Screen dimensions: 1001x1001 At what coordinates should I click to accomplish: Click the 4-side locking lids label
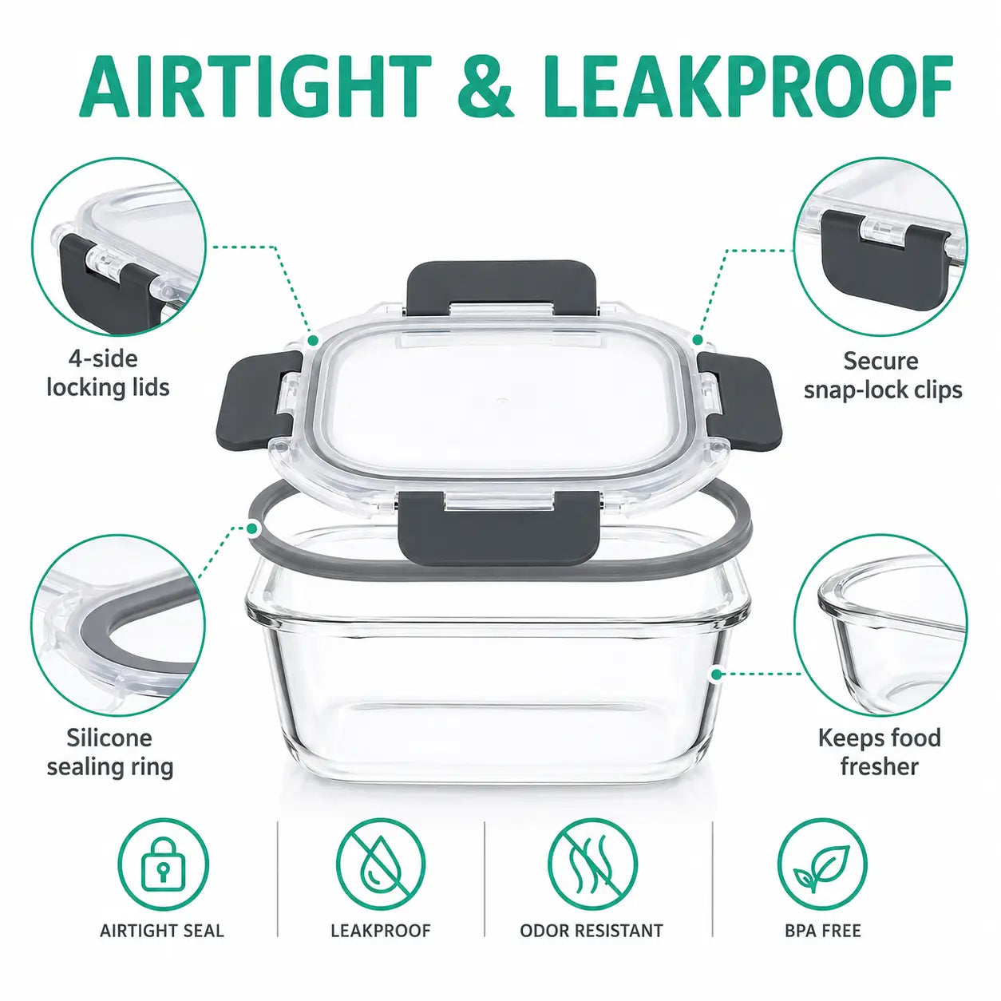[108, 374]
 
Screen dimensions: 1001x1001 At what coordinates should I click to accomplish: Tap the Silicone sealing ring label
[109, 752]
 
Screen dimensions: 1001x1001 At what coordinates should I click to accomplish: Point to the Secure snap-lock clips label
[883, 375]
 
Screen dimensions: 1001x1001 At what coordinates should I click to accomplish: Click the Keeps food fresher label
[880, 752]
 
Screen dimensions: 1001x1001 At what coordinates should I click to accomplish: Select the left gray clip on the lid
[264, 396]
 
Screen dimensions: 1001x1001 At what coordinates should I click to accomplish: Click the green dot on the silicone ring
[253, 528]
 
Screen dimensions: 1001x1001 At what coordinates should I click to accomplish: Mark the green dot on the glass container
[717, 675]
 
